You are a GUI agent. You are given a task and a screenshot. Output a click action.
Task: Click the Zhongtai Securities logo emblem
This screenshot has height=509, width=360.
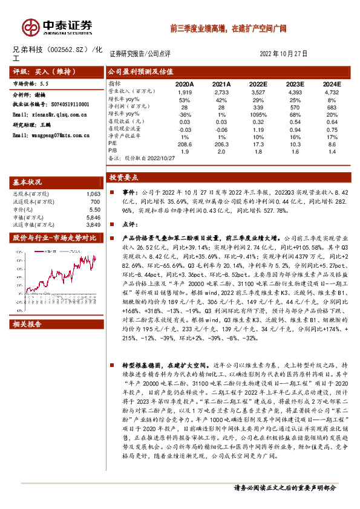[29, 26]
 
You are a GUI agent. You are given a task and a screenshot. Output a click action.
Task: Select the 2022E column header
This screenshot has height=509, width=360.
[258, 84]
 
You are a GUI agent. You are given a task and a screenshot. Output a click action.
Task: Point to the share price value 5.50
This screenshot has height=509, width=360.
[93, 209]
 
